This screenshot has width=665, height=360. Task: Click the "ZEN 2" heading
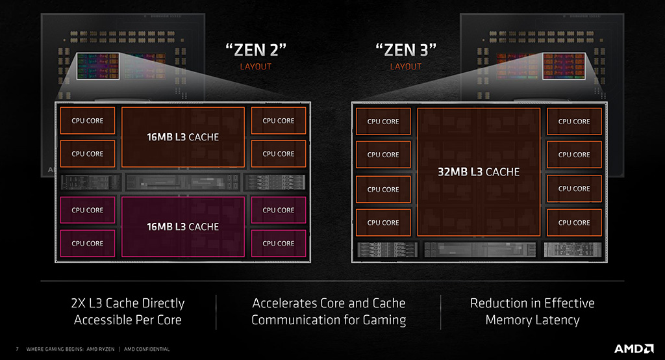pyautogui.click(x=255, y=49)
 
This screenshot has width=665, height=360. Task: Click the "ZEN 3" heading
pyautogui.click(x=406, y=49)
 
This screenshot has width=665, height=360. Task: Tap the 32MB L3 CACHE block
pyautogui.click(x=478, y=172)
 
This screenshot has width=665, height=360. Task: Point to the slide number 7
pyautogui.click(x=17, y=349)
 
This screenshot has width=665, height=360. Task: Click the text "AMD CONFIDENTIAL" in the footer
pyautogui.click(x=146, y=349)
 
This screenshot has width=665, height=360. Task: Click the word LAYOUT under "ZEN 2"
pyautogui.click(x=255, y=66)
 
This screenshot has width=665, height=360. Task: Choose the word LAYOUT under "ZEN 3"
pyautogui.click(x=406, y=66)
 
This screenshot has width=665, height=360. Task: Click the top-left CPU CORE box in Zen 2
pyautogui.click(x=87, y=120)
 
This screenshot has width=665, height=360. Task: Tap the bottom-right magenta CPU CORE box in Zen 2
pyautogui.click(x=278, y=243)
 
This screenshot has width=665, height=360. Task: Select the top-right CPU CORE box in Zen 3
pyautogui.click(x=574, y=122)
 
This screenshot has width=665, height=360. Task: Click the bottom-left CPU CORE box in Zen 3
pyautogui.click(x=383, y=222)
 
